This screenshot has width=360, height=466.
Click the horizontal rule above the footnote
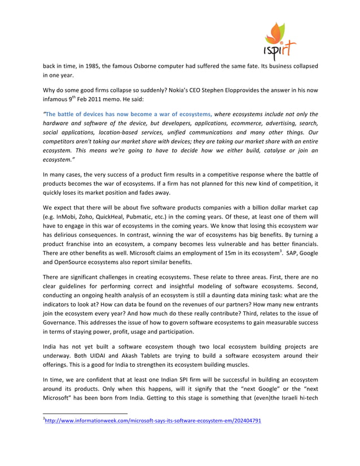85,429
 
